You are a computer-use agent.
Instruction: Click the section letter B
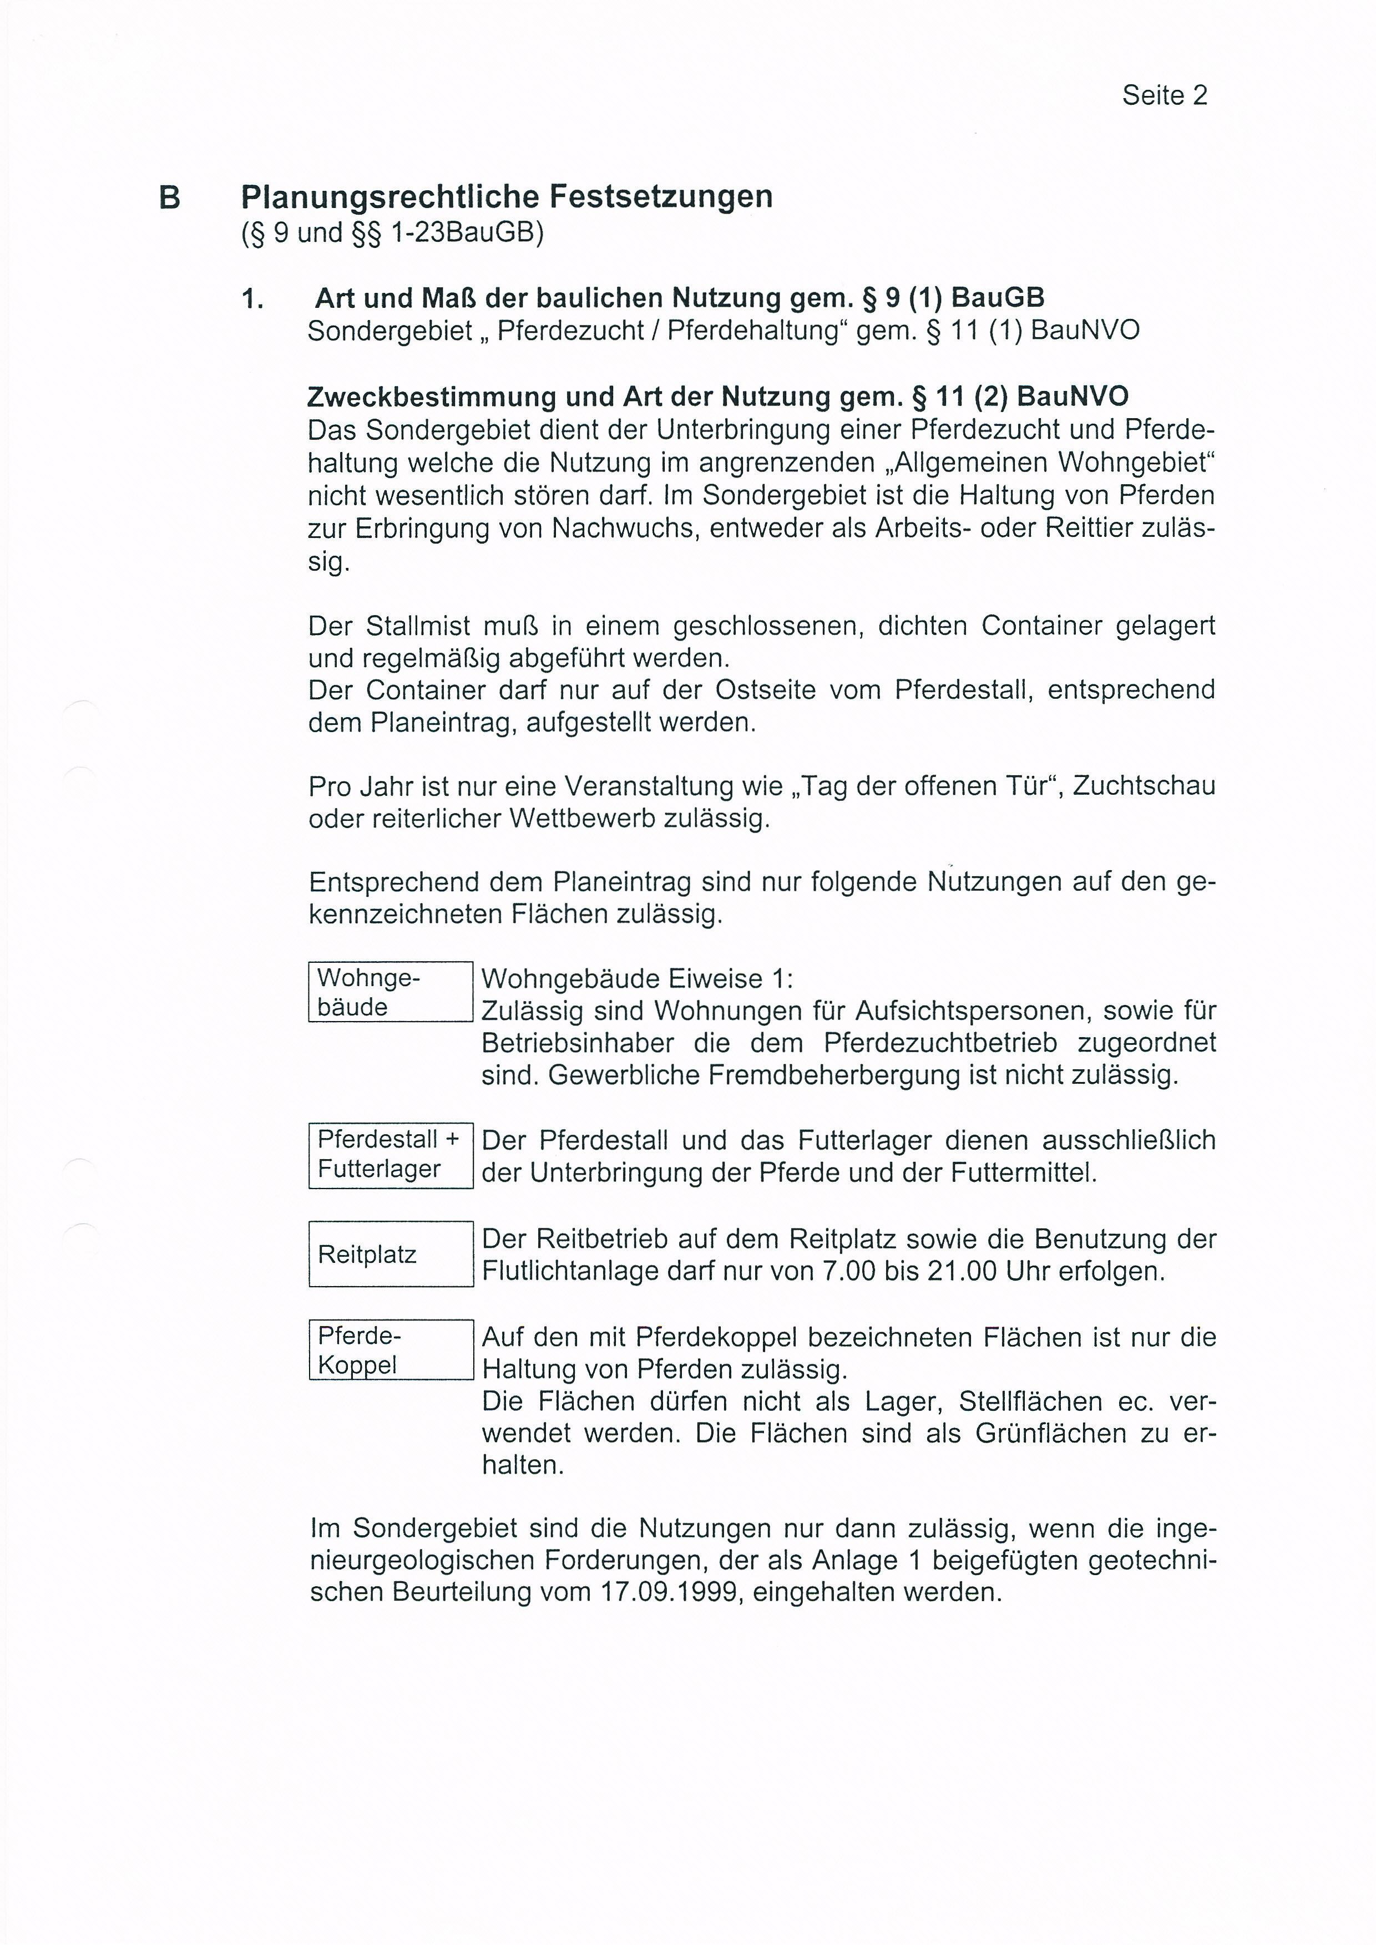point(169,197)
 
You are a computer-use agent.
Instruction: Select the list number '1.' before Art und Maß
point(252,299)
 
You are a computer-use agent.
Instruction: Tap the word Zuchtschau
point(1144,786)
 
